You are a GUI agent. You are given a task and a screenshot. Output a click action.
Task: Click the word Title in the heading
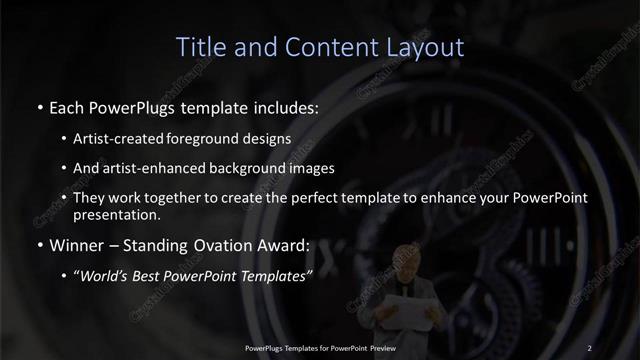click(x=199, y=47)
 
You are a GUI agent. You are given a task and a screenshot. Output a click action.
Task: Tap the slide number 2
click(x=589, y=347)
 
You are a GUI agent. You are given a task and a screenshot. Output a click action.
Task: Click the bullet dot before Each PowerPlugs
click(x=38, y=105)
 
